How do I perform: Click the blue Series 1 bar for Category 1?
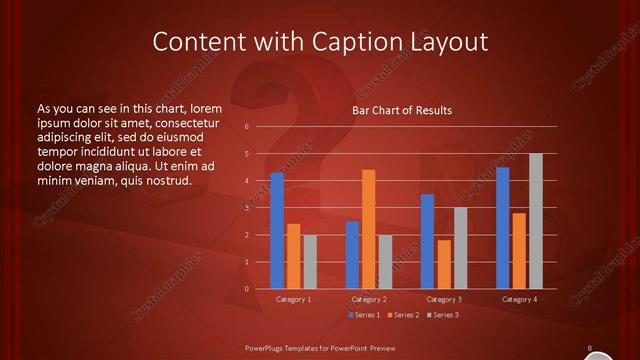pos(277,231)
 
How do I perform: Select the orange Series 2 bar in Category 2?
pos(369,229)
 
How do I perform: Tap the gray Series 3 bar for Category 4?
pos(536,221)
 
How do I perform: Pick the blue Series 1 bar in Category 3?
pos(427,241)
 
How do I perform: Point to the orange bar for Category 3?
pos(444,264)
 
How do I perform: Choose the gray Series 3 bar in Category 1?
pos(310,262)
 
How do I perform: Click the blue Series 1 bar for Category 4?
pos(502,228)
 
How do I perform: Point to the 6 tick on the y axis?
pos(246,127)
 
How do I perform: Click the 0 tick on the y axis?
pos(246,289)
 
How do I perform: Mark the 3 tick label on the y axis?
pos(246,208)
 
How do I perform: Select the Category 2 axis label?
pos(369,299)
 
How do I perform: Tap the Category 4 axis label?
pos(519,299)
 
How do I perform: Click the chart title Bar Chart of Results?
pos(402,109)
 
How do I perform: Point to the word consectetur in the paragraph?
pos(189,122)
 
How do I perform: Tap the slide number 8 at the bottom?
pos(590,348)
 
